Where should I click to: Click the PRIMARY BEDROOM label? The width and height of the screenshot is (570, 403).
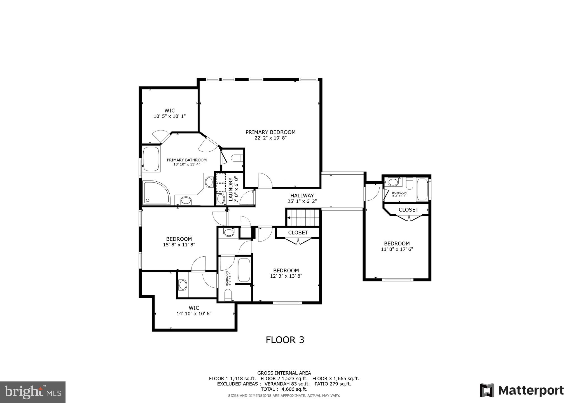tap(270, 132)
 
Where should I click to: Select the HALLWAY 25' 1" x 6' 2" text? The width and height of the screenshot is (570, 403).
tap(302, 198)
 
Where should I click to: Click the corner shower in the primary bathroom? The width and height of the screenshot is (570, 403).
tap(156, 192)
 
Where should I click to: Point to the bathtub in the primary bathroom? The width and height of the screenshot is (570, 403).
tap(151, 159)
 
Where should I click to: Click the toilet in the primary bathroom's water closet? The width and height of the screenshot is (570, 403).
tap(237, 159)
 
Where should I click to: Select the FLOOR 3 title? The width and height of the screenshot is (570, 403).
tap(285, 340)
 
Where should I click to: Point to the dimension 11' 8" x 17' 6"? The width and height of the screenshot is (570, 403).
tap(397, 249)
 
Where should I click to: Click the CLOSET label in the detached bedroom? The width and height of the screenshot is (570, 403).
tap(408, 210)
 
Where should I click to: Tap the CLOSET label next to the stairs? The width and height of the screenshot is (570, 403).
tap(298, 233)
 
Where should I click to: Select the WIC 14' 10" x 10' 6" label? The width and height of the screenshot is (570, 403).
tap(194, 311)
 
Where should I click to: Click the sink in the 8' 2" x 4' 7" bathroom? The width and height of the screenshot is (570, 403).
tap(393, 182)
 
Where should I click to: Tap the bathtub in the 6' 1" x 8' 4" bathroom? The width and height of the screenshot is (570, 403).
tap(244, 270)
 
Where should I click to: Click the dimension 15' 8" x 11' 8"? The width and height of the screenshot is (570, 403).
tap(179, 245)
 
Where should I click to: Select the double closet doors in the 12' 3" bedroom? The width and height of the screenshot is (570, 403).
tap(298, 241)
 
